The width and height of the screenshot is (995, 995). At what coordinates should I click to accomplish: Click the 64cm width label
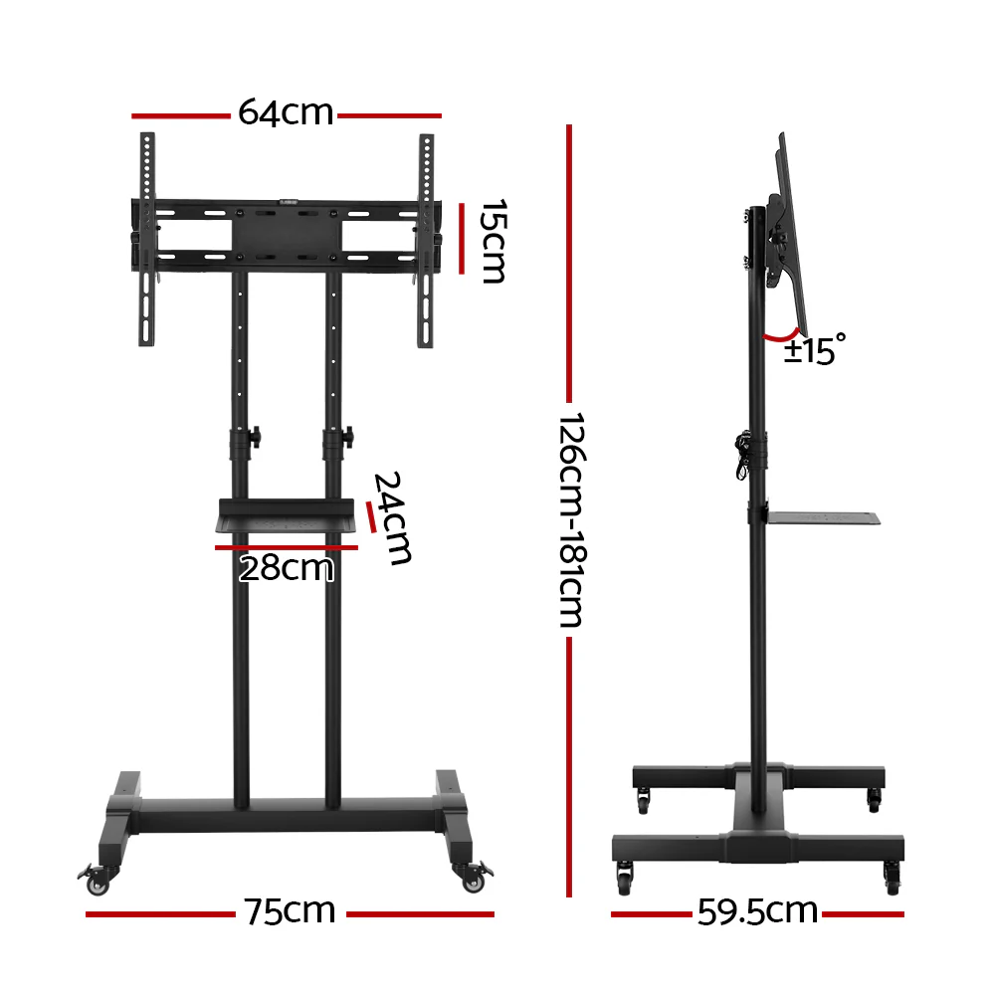[285, 113]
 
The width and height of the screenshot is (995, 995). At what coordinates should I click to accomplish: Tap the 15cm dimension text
[494, 241]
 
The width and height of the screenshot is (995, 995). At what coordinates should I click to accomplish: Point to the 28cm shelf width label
[286, 569]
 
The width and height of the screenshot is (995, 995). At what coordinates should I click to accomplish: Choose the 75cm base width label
[290, 911]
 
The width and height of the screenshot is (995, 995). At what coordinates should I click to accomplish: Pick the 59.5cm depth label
[757, 911]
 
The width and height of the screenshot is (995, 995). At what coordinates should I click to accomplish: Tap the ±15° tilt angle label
[814, 350]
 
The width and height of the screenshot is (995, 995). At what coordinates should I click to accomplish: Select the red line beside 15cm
[461, 239]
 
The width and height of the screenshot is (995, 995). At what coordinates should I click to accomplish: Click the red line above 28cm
[286, 546]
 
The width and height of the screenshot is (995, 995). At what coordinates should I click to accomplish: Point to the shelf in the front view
[287, 518]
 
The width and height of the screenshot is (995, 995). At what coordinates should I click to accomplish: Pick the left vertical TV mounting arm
[147, 239]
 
